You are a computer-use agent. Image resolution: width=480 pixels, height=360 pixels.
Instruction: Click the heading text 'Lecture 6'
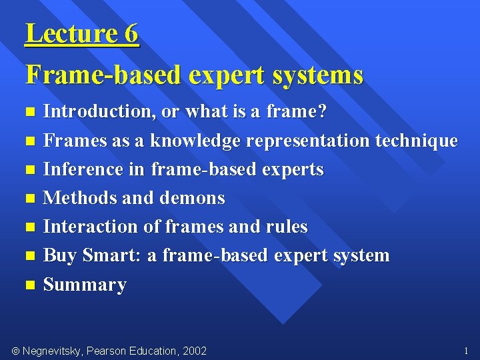(82, 33)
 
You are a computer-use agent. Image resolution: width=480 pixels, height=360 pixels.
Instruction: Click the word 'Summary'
(85, 285)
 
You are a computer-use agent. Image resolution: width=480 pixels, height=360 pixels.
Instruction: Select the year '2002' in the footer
(193, 351)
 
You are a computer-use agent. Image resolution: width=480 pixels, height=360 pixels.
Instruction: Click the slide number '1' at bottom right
(465, 351)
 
